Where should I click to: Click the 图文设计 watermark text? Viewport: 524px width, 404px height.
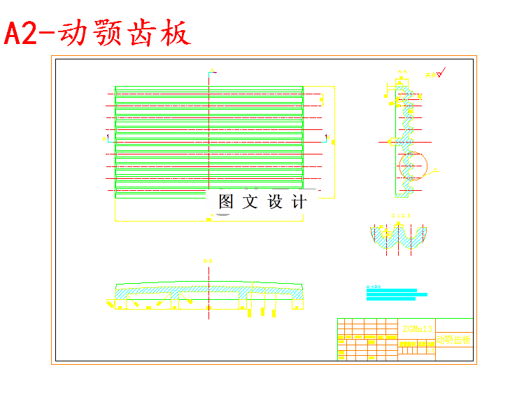click(262, 202)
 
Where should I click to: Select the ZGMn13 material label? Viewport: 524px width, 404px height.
click(418, 328)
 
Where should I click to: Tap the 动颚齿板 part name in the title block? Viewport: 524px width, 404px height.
click(453, 340)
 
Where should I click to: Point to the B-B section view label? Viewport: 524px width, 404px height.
click(208, 261)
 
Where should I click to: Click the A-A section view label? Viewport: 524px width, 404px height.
click(402, 72)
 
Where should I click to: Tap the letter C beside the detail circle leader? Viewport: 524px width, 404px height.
click(437, 170)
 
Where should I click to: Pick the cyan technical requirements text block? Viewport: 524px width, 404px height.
click(391, 293)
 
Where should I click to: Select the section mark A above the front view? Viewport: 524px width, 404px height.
click(211, 71)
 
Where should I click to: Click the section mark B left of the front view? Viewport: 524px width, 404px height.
click(104, 138)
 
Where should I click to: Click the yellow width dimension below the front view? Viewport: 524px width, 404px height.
click(208, 220)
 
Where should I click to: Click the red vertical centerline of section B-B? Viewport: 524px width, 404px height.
click(208, 294)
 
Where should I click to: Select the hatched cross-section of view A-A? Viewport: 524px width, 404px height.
click(406, 133)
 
